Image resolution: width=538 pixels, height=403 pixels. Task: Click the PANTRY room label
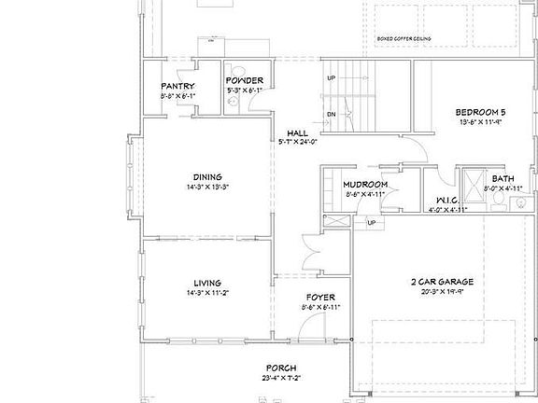click(x=177, y=86)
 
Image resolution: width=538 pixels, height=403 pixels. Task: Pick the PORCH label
click(x=282, y=367)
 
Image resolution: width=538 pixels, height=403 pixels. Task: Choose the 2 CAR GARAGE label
click(x=443, y=282)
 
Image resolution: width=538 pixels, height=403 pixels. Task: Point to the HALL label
click(x=298, y=132)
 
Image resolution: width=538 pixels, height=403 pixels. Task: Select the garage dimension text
click(x=443, y=292)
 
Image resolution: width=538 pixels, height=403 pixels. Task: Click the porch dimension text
click(x=282, y=378)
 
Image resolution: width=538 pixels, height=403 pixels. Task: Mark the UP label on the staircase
click(x=331, y=78)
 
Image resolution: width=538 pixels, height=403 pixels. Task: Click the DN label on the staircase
click(x=331, y=115)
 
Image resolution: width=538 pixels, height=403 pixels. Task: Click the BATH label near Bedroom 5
click(x=503, y=178)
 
